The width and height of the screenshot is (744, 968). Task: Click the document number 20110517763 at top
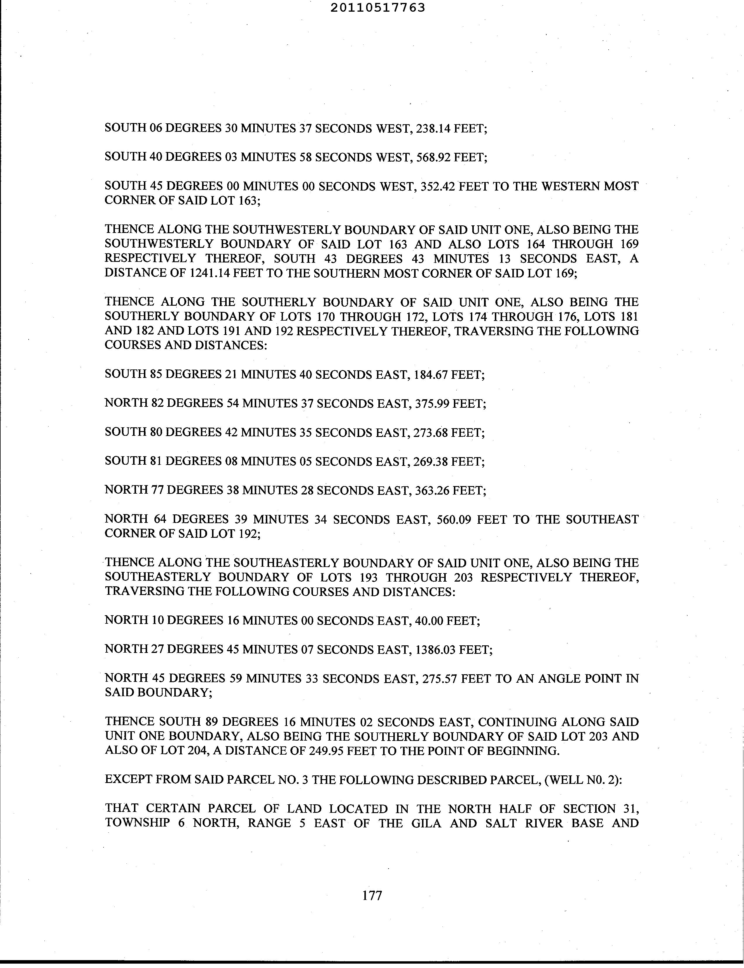coord(377,8)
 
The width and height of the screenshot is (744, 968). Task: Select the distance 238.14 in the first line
coord(432,128)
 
